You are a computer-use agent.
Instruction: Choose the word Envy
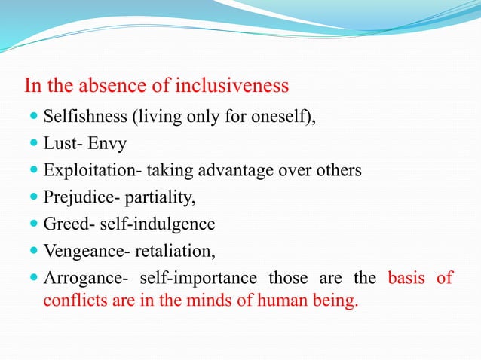pyautogui.click(x=109, y=144)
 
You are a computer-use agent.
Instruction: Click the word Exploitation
pyautogui.click(x=88, y=171)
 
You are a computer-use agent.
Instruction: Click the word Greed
pyautogui.click(x=63, y=224)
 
